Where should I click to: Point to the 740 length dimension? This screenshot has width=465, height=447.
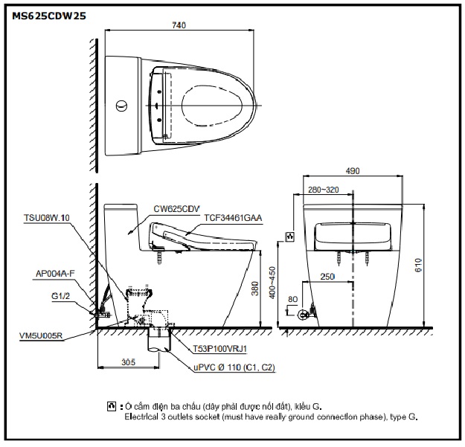(x=178, y=25)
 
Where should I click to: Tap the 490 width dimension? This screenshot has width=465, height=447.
(x=353, y=170)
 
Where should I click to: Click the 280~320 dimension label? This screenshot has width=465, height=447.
(x=324, y=190)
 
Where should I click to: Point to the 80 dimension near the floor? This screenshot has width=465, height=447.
(x=292, y=299)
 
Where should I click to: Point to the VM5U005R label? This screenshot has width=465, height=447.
(x=41, y=335)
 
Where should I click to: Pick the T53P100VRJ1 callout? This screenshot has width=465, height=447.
(x=219, y=348)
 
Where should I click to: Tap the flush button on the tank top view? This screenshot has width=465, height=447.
(x=120, y=105)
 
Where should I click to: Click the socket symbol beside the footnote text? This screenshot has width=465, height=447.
(x=112, y=406)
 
